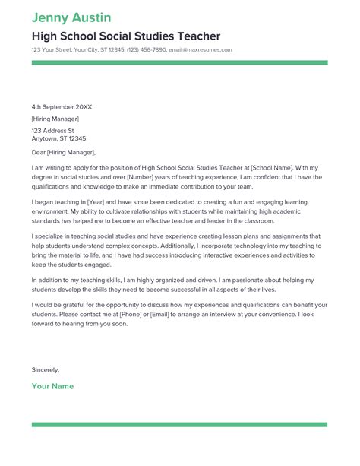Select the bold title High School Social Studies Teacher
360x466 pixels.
click(126, 36)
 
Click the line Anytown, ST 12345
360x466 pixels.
click(58, 139)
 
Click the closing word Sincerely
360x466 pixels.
click(45, 369)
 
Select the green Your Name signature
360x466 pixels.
click(52, 386)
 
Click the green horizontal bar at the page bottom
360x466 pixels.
click(180, 425)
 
